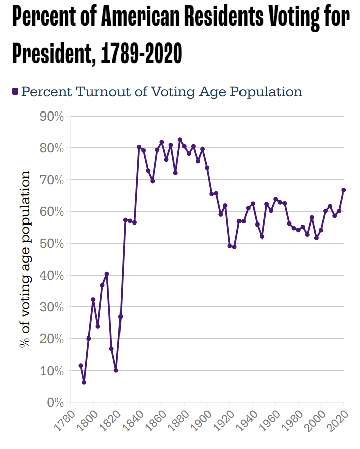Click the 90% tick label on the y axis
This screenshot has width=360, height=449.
tap(51, 117)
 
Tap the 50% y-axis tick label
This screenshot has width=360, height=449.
tap(51, 244)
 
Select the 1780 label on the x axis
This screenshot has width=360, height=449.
tap(62, 423)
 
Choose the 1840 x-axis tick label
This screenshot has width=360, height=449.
tap(131, 423)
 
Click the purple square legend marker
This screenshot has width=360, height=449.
tap(15, 92)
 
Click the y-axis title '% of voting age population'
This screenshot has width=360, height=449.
tap(25, 259)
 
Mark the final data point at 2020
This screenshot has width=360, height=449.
tap(344, 190)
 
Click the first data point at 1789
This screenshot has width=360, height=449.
tap(80, 366)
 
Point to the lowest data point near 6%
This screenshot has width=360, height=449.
tap(84, 382)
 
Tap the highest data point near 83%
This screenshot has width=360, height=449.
tap(180, 140)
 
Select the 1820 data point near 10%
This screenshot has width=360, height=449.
tap(116, 370)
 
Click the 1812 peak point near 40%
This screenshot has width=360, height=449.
tap(107, 274)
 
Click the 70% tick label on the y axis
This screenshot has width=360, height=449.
tap(51, 180)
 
